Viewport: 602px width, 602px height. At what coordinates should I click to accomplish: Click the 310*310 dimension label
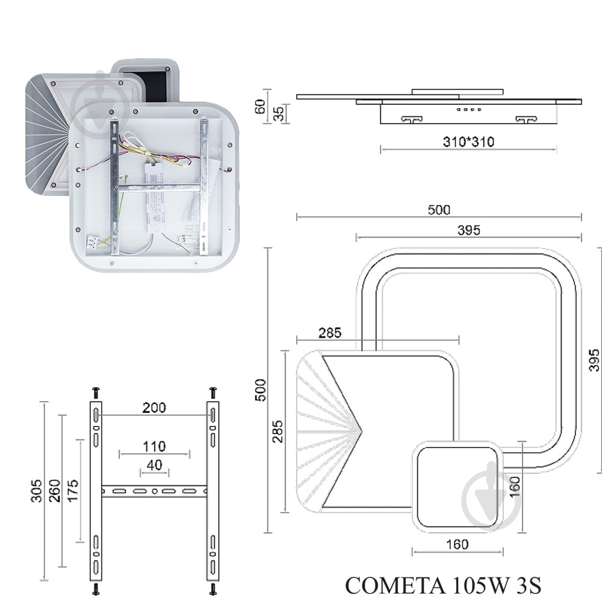click(x=468, y=142)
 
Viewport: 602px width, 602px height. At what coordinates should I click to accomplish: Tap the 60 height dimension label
click(x=260, y=107)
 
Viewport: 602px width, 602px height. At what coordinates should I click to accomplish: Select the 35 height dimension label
click(x=279, y=114)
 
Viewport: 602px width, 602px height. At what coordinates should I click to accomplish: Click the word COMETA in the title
click(x=396, y=586)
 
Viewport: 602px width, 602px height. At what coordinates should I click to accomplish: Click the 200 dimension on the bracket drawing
click(x=154, y=408)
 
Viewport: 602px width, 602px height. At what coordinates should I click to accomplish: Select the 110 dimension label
click(x=154, y=447)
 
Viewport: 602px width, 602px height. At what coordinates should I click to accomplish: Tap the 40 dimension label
click(x=154, y=465)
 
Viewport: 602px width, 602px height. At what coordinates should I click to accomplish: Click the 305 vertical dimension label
click(x=36, y=490)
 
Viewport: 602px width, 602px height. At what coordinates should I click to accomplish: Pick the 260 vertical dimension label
click(x=55, y=490)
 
